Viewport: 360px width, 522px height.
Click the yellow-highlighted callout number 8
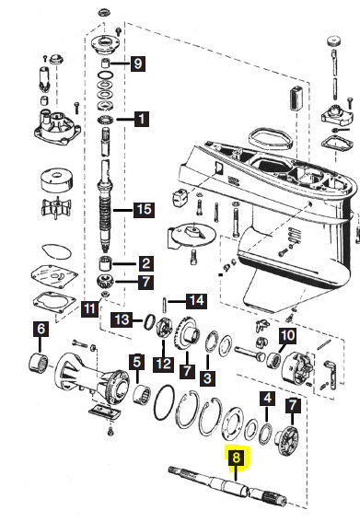pyautogui.click(x=236, y=458)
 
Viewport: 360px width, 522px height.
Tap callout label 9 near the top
pyautogui.click(x=138, y=63)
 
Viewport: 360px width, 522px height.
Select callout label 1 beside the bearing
pyautogui.click(x=142, y=119)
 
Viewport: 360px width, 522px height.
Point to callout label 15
pyautogui.click(x=144, y=210)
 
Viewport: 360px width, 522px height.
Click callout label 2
pyautogui.click(x=145, y=263)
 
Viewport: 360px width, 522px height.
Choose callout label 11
pyautogui.click(x=90, y=308)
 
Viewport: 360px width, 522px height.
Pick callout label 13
pyautogui.click(x=122, y=320)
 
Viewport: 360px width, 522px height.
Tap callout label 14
pyautogui.click(x=196, y=301)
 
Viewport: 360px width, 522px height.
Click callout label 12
pyautogui.click(x=164, y=365)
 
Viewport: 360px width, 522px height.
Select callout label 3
pyautogui.click(x=207, y=377)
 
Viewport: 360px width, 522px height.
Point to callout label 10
pyautogui.click(x=287, y=335)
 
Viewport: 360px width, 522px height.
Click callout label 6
pyautogui.click(x=41, y=330)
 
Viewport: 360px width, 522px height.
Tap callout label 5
pyautogui.click(x=137, y=362)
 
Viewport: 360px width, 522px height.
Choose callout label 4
pyautogui.click(x=268, y=398)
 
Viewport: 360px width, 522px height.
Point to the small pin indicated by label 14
pyautogui.click(x=165, y=305)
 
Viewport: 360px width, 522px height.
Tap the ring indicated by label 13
pyautogui.click(x=149, y=321)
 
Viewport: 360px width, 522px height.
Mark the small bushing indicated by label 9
pyautogui.click(x=107, y=63)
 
